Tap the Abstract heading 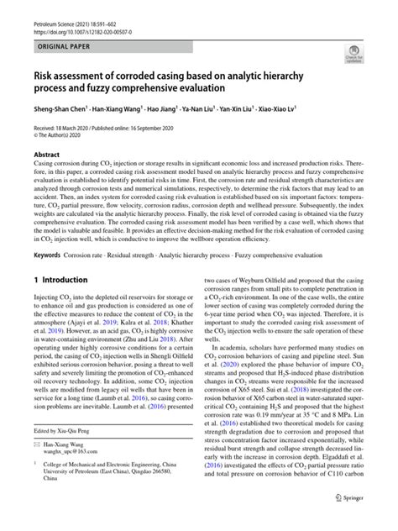47,155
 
